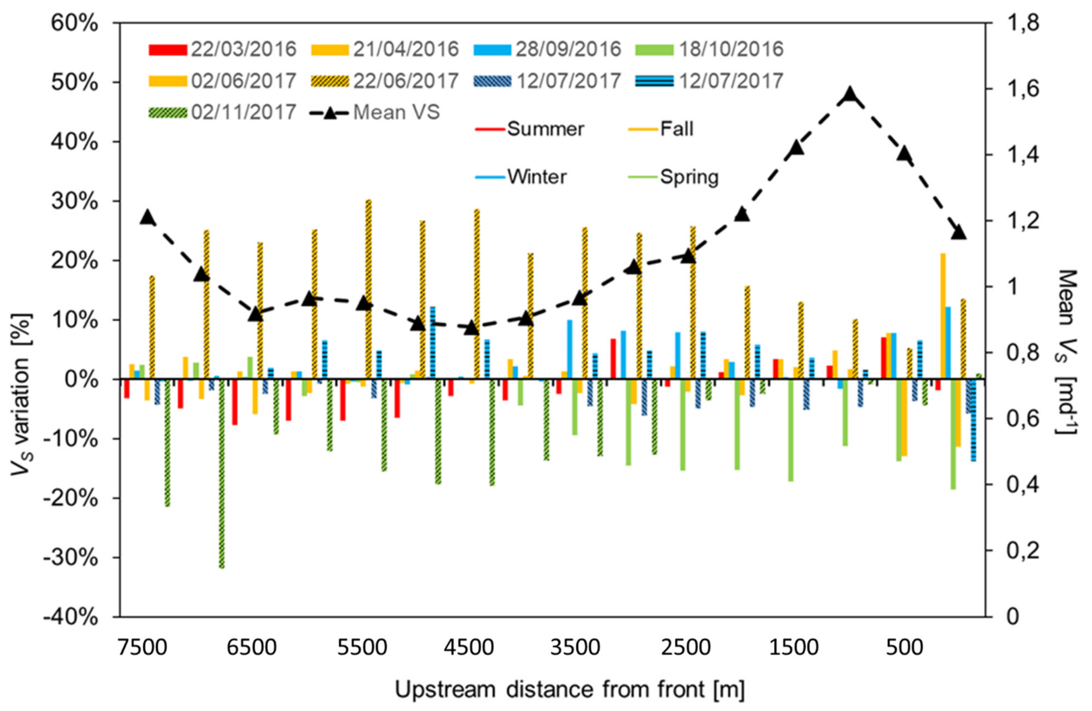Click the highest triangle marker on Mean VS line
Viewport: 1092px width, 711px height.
[x=850, y=94]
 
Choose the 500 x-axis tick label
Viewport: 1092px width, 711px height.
[x=904, y=649]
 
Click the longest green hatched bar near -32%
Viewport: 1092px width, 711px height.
[x=222, y=472]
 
